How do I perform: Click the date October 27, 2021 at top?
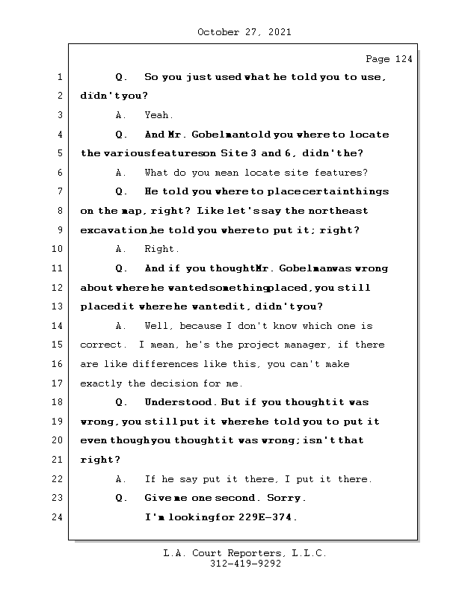244,32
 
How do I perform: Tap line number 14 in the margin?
60,326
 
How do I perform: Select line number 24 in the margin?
60,517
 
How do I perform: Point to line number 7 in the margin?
60,192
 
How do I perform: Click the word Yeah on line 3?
158,116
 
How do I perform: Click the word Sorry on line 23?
287,498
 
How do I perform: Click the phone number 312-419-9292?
245,564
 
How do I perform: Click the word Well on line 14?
158,326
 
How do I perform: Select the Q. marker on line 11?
122,268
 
